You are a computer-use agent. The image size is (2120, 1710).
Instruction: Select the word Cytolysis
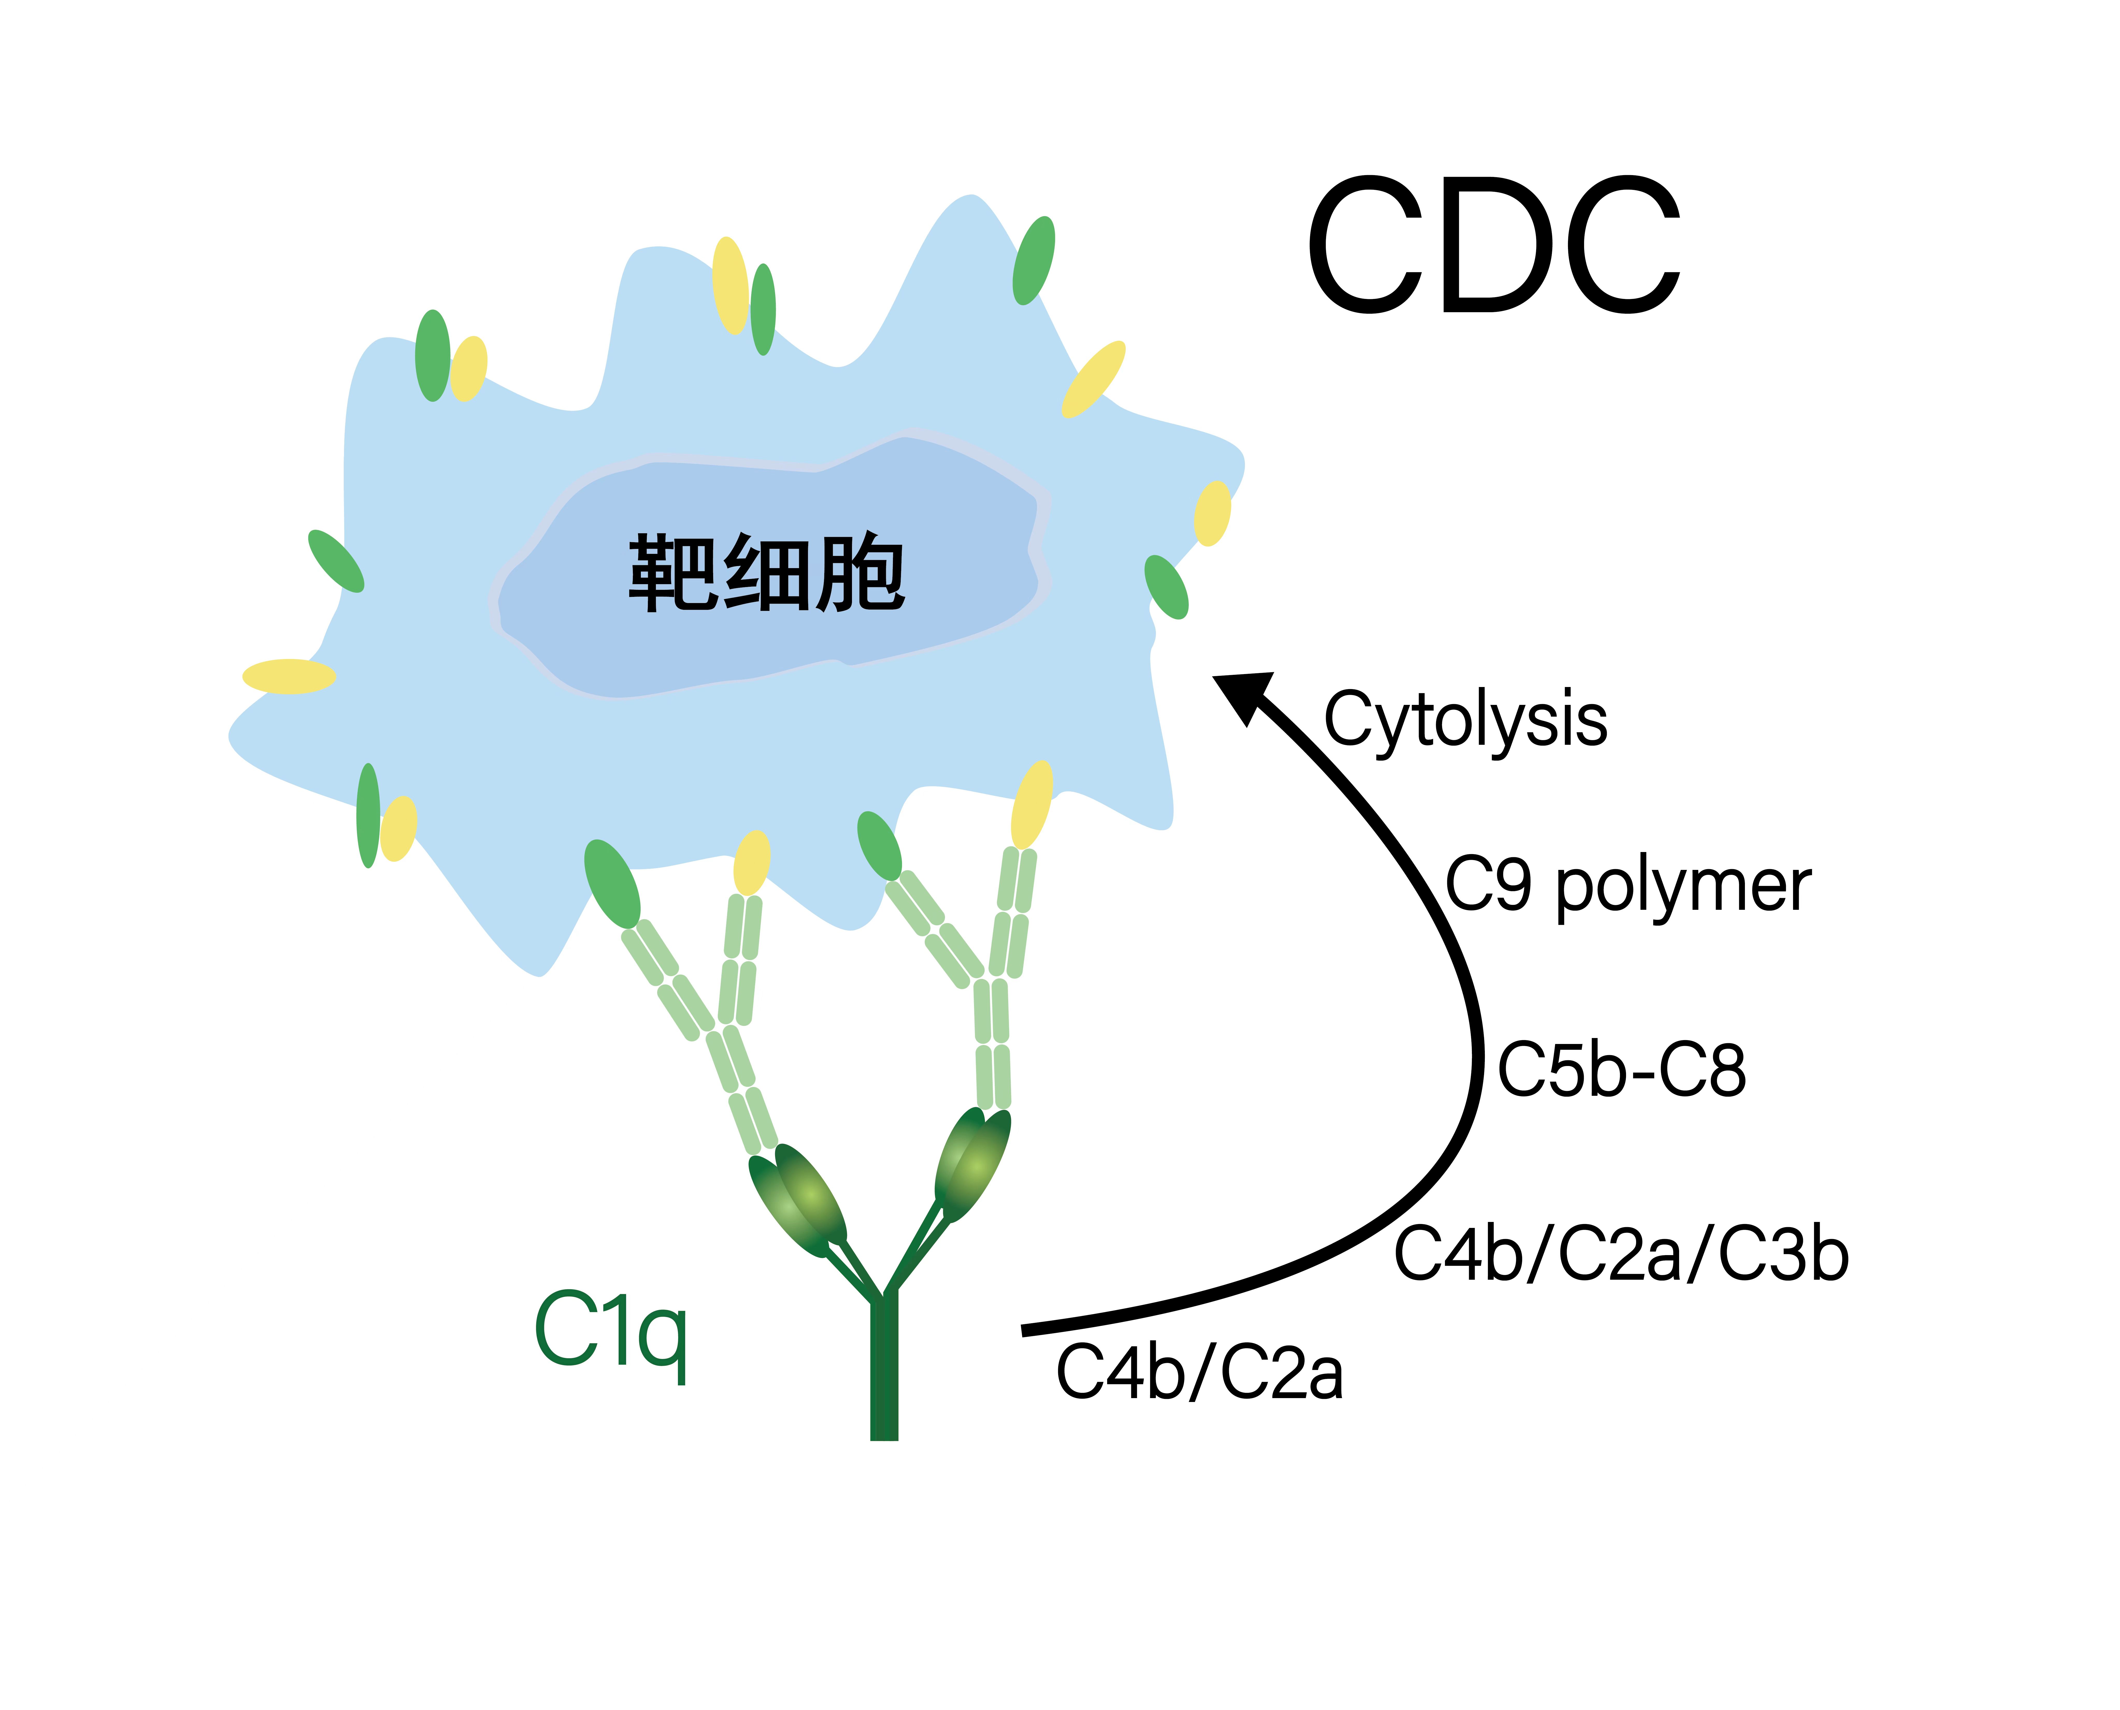pos(1465,720)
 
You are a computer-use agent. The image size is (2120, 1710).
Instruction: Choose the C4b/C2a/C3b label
pos(1621,1255)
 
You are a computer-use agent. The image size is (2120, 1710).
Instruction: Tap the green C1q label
pos(611,1332)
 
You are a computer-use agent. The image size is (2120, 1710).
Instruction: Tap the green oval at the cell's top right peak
pos(1033,261)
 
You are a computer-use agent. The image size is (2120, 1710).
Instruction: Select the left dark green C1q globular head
pos(798,1202)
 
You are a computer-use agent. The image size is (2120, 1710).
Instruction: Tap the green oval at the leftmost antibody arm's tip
pos(612,884)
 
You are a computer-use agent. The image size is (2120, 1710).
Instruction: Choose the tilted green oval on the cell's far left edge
pos(336,561)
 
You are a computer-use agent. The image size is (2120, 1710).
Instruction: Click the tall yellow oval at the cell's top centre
pos(730,286)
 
